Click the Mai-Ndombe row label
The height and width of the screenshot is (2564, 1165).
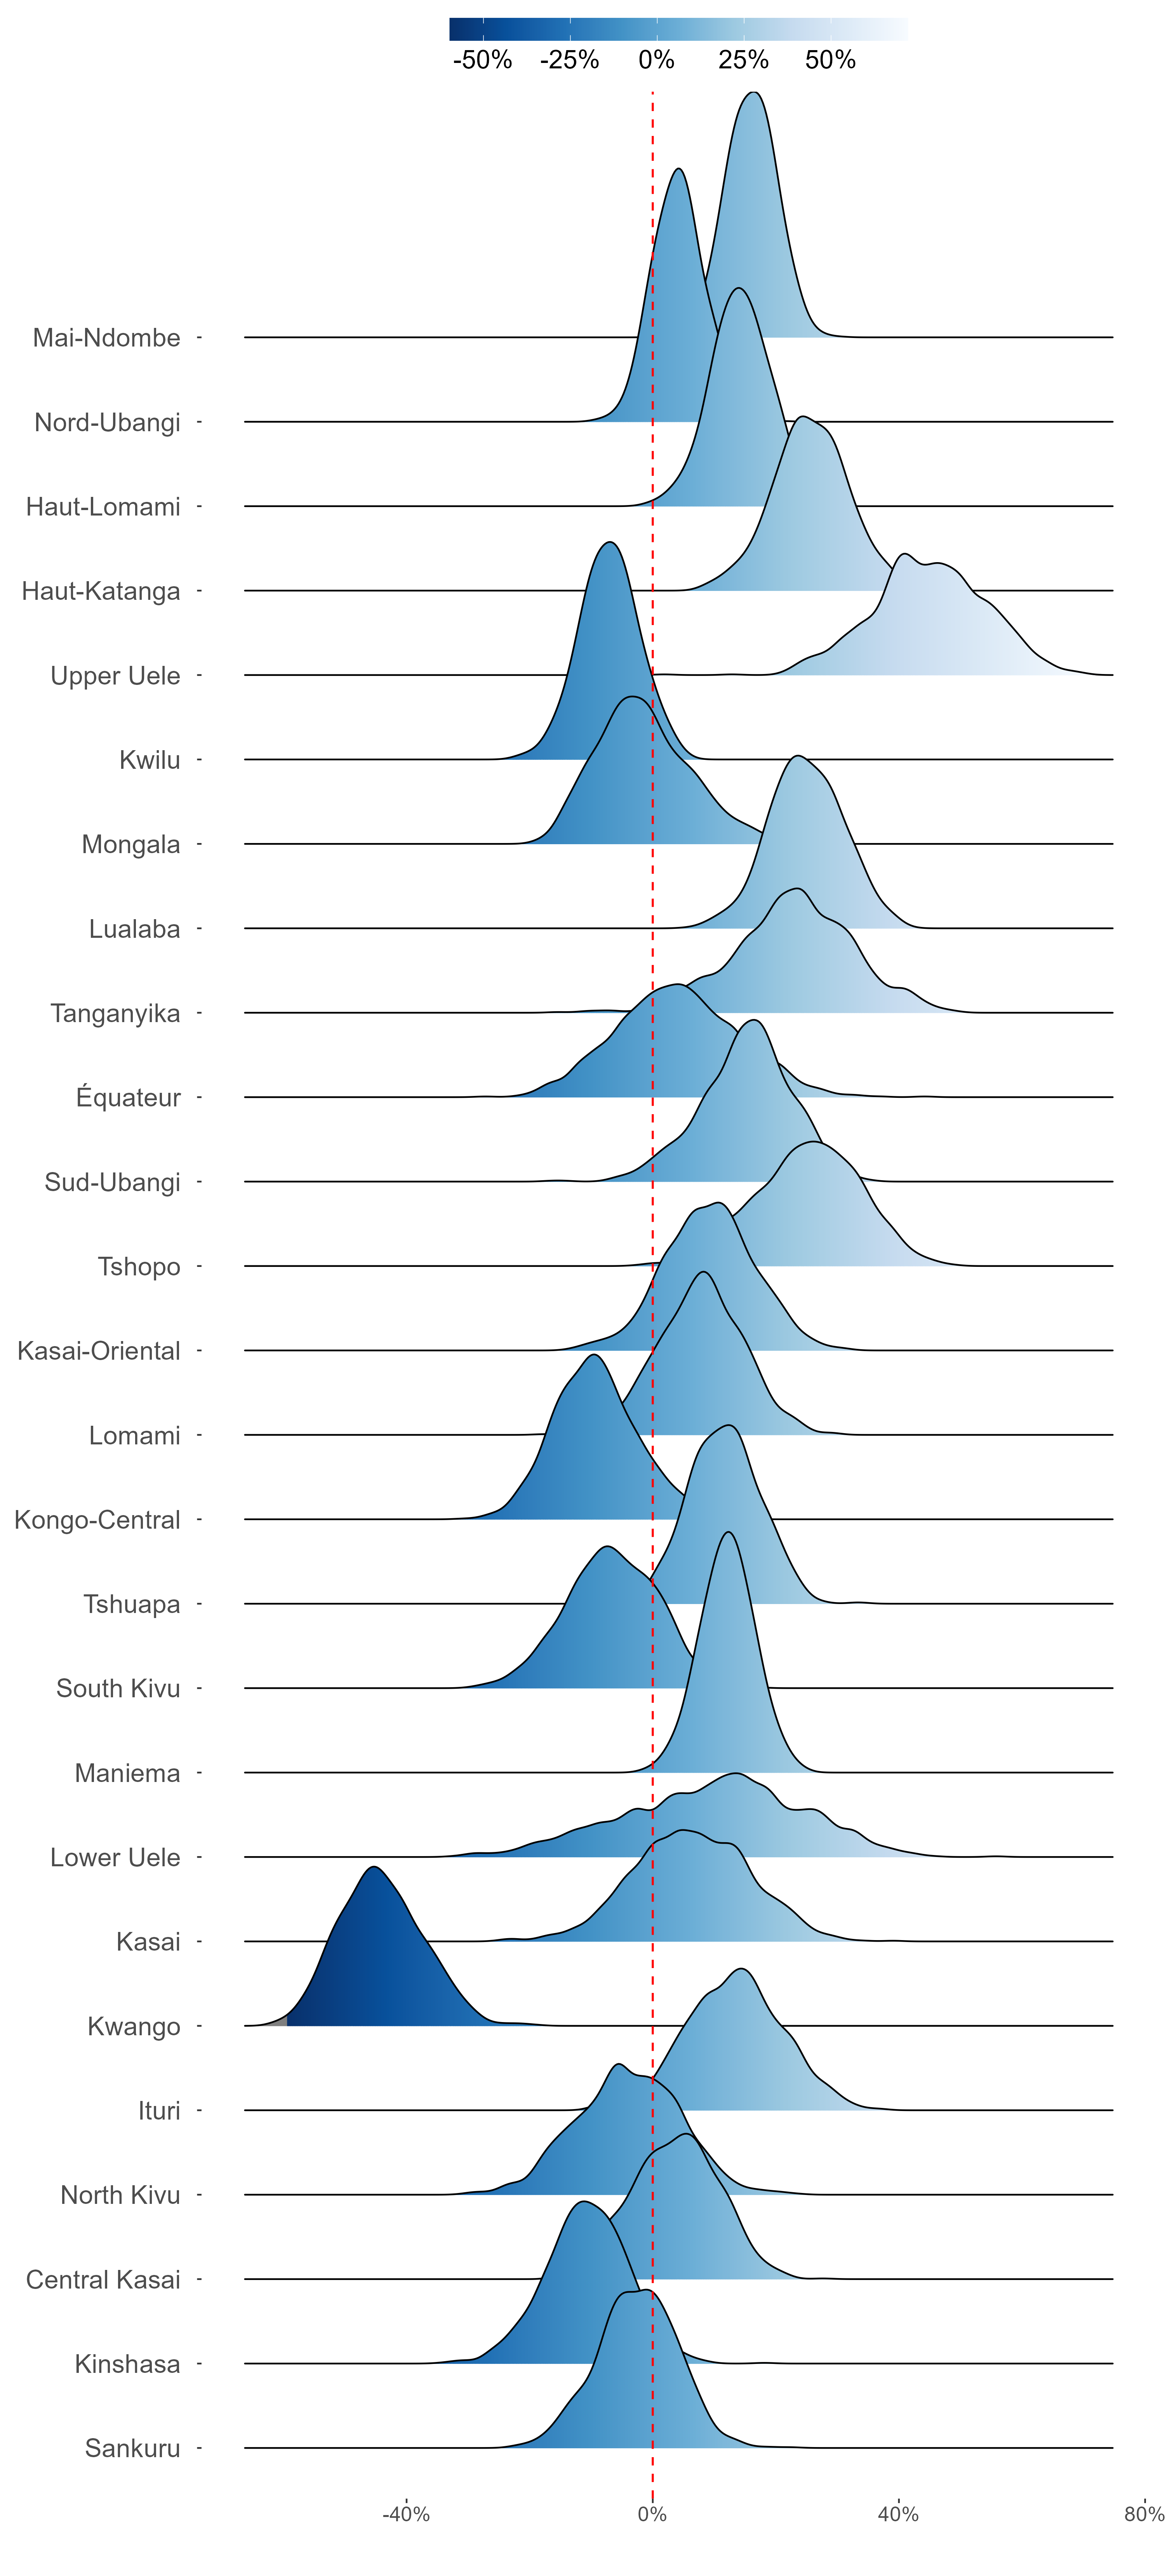click(106, 338)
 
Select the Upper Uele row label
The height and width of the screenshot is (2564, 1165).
click(115, 676)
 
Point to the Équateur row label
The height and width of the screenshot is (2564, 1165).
click(128, 1098)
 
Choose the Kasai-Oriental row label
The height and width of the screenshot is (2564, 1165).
click(99, 1352)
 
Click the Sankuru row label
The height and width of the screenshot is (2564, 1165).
click(132, 2449)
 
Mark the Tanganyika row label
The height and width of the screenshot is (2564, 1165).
click(115, 1013)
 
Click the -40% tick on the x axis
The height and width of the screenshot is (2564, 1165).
click(406, 2514)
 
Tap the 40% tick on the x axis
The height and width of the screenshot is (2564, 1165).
click(898, 2514)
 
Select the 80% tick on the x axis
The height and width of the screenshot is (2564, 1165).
click(1144, 2514)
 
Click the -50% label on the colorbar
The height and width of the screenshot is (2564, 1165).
click(483, 61)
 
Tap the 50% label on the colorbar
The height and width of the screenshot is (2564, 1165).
click(831, 61)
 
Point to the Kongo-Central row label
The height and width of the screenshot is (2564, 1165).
click(97, 1520)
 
